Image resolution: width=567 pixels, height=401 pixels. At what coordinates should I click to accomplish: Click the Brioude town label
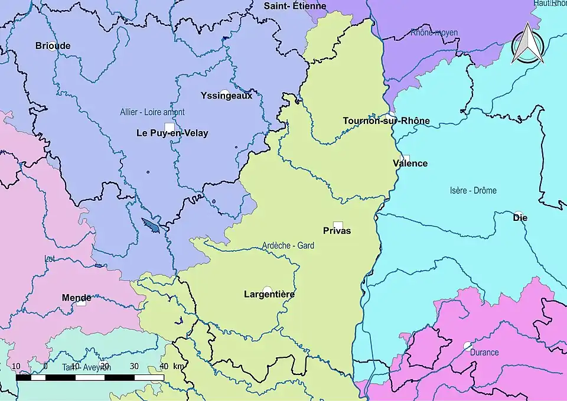53,45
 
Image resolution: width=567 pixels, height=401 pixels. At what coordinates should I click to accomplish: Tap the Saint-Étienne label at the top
295,6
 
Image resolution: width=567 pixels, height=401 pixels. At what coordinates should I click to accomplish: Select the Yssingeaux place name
226,95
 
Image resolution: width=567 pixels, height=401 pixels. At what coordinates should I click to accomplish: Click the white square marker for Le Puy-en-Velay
170,127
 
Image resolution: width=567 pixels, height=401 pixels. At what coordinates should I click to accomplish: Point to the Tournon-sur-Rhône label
386,121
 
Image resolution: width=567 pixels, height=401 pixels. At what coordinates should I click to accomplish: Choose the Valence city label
410,164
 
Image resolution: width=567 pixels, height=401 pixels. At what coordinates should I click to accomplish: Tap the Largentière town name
269,294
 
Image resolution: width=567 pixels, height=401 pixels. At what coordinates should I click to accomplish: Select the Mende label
77,298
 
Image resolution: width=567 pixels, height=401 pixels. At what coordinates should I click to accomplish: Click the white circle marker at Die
518,214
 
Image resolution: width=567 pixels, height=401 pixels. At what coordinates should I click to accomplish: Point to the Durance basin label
484,353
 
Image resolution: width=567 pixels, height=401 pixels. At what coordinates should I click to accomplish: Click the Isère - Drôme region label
473,191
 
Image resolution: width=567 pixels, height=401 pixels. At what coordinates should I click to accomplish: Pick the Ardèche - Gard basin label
288,246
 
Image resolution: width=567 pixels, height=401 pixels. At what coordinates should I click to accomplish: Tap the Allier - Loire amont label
152,112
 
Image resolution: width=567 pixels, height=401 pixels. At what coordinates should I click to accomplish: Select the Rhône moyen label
434,33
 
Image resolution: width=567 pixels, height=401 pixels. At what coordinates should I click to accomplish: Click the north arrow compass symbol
527,44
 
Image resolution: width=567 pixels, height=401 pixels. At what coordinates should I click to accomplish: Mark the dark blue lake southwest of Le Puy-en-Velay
151,225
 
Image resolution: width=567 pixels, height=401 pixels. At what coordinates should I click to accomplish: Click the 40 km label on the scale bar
164,366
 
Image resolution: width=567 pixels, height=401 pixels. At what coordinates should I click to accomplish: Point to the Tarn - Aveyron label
86,367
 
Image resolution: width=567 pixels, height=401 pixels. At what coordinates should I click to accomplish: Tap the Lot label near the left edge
49,259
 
